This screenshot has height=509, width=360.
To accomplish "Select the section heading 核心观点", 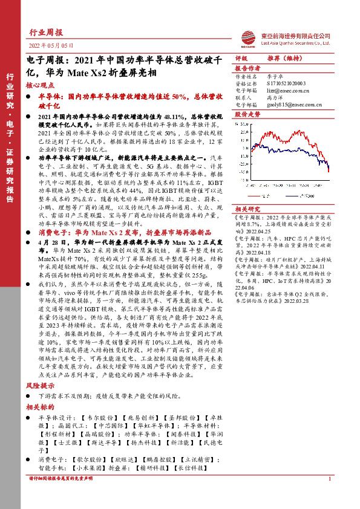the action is pyautogui.click(x=40, y=86).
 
